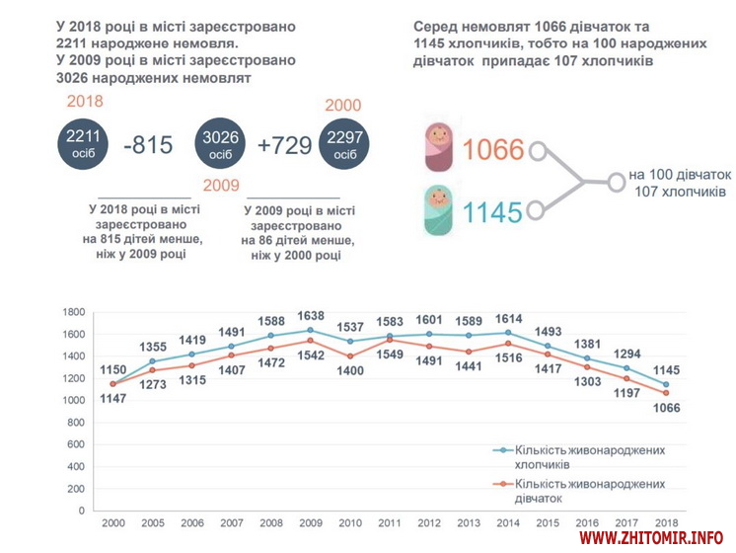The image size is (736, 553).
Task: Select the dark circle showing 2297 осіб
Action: point(345,145)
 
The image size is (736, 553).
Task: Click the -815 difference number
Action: point(149,145)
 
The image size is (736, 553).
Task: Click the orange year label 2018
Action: point(85,102)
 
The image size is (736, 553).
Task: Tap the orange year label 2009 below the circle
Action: point(222,186)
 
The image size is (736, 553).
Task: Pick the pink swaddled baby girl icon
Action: point(439,149)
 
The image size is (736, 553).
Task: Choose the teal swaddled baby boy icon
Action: point(439,209)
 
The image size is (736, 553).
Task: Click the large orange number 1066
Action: point(493,150)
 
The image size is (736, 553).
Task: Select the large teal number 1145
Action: point(493,209)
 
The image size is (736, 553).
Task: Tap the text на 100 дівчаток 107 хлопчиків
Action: point(677,181)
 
